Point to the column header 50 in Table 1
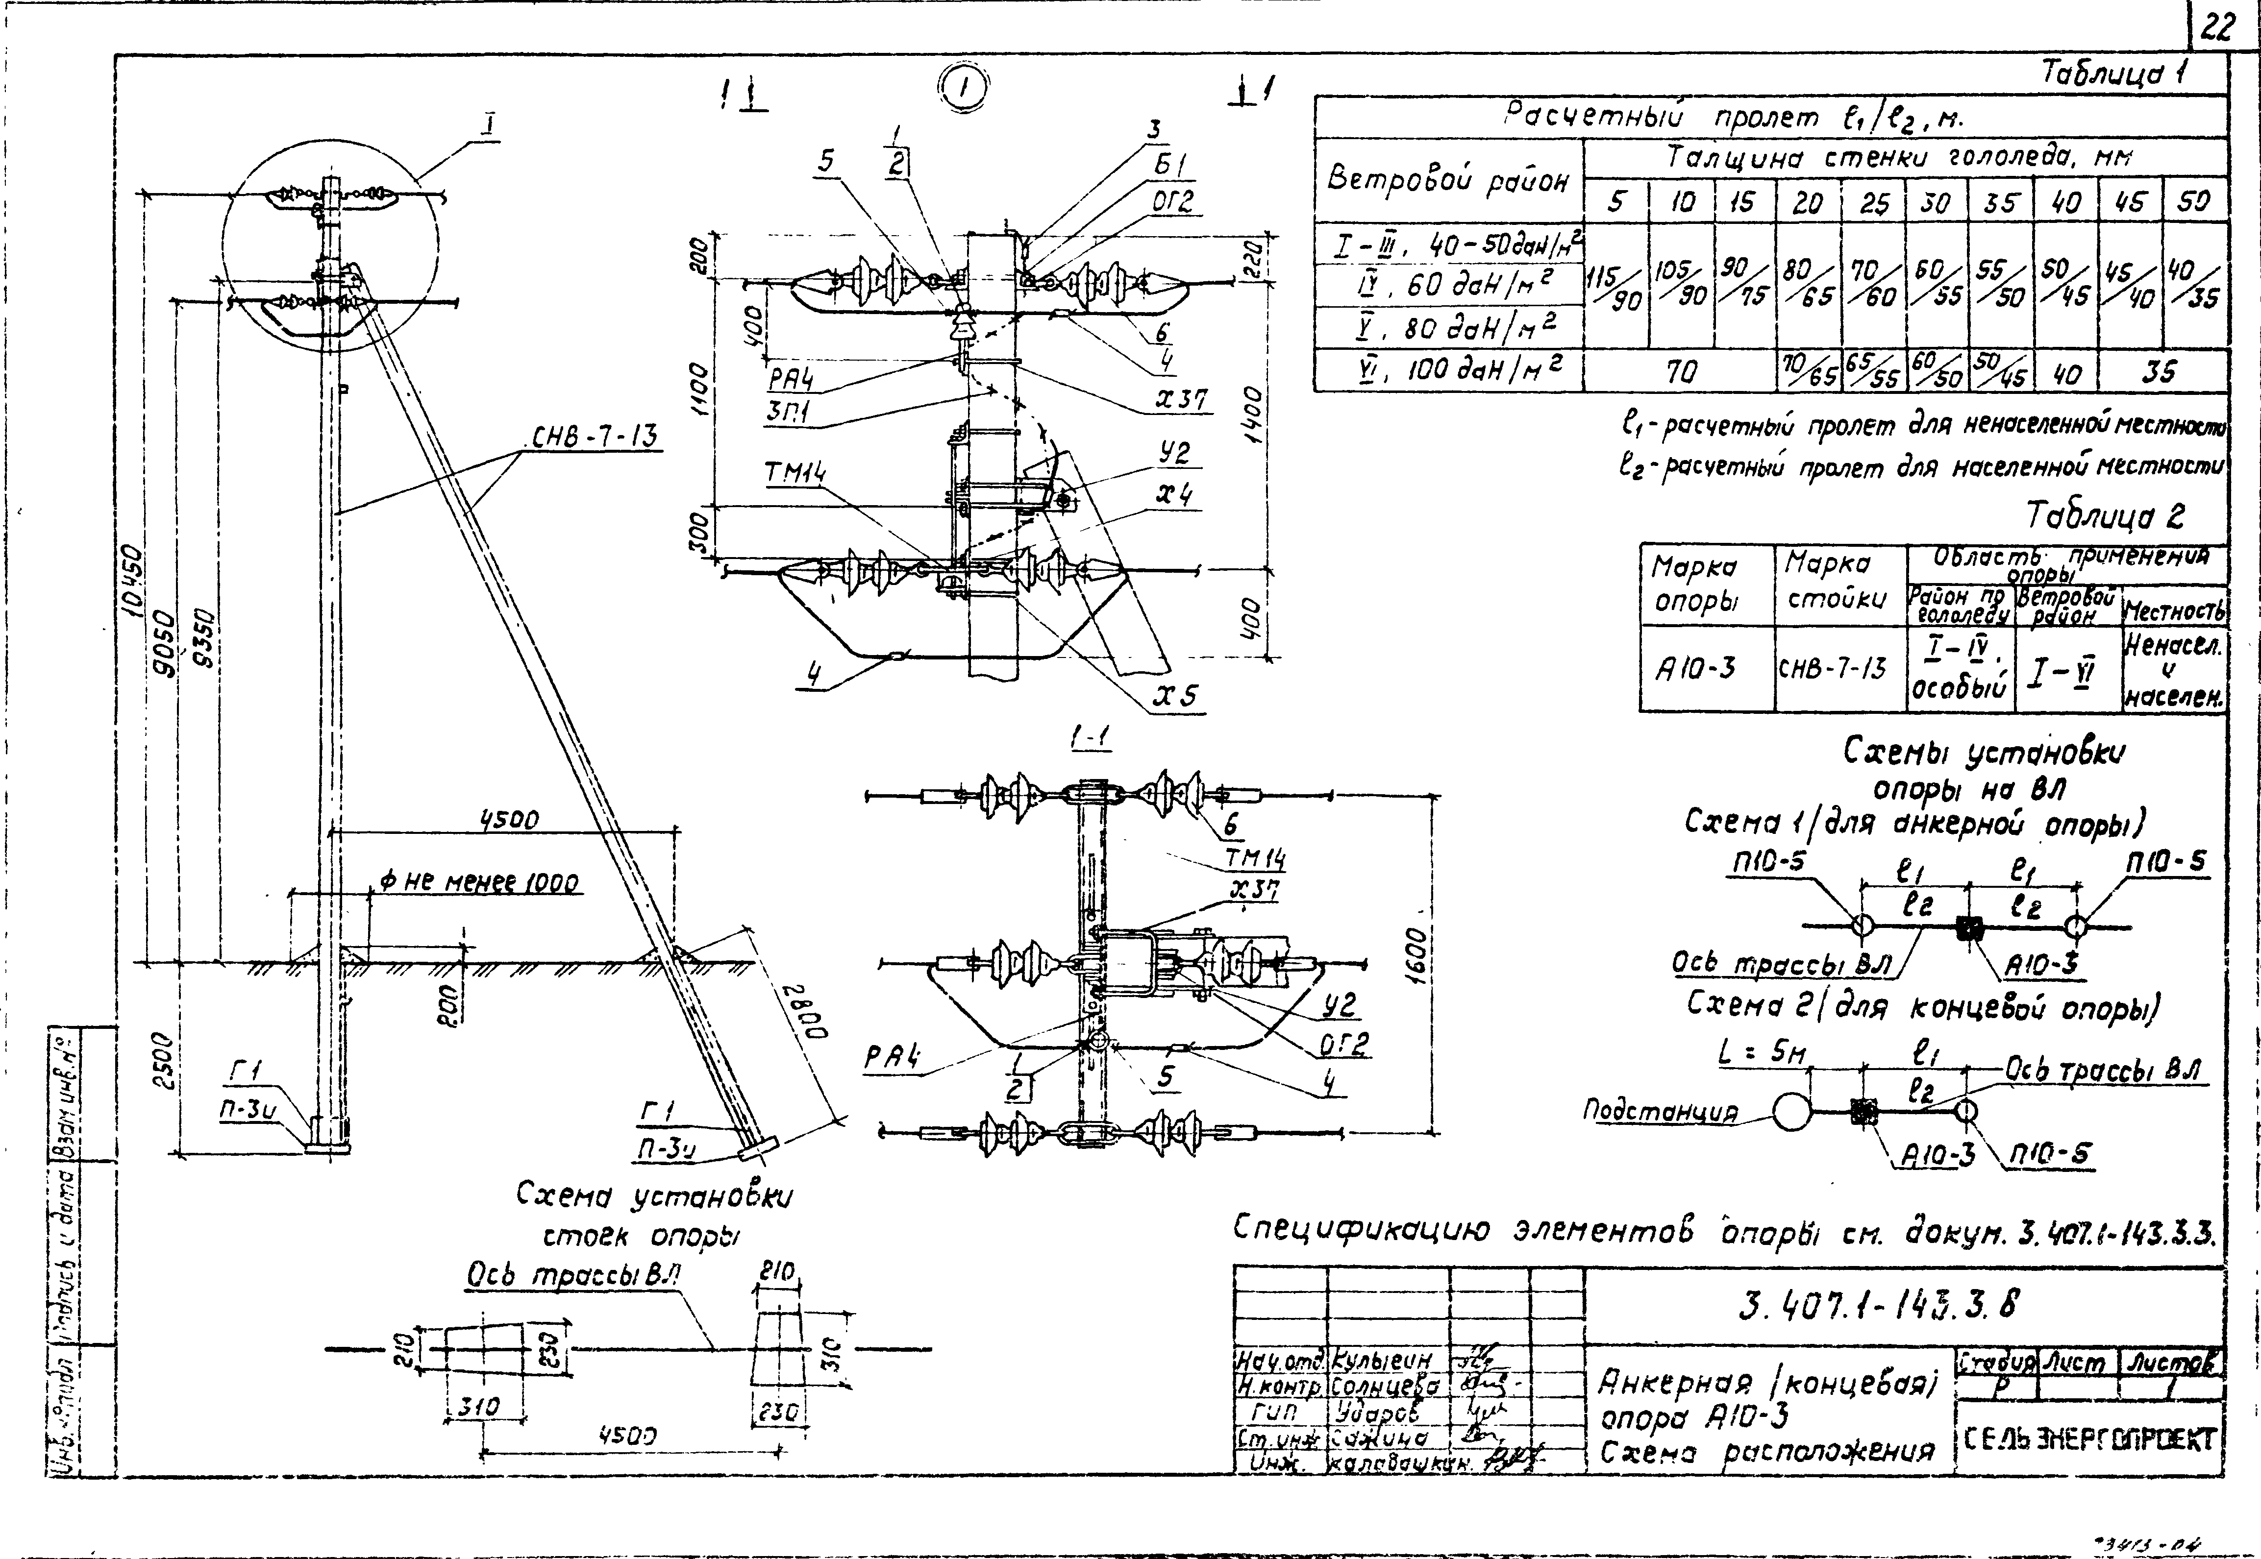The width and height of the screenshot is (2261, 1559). point(2193,202)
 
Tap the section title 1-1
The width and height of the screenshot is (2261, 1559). point(1092,739)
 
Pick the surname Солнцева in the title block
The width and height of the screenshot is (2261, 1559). point(1386,1385)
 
